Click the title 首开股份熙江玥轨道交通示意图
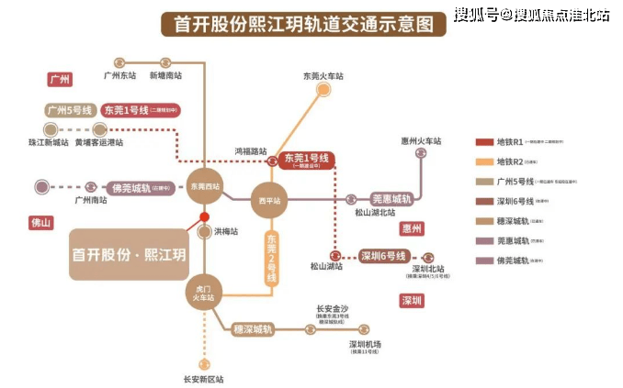[298, 25]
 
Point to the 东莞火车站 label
[323, 76]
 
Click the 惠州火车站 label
[423, 141]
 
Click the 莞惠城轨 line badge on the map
[392, 198]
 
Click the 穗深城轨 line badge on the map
[253, 328]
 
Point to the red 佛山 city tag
[41, 223]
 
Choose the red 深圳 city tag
[411, 300]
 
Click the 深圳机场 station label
[365, 344]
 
